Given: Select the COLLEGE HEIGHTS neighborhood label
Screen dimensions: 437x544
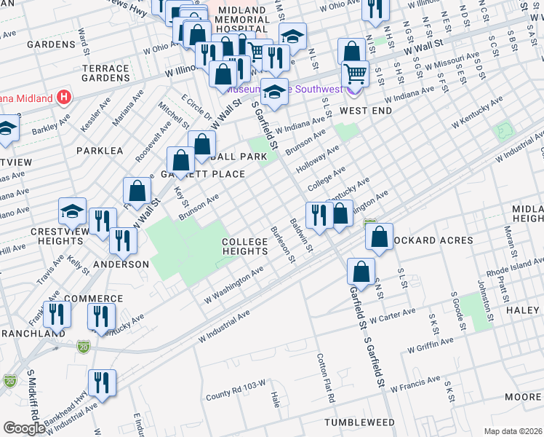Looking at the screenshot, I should point(246,246).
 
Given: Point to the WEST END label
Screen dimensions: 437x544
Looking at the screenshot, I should point(366,111).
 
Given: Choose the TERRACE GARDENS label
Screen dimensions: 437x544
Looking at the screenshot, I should point(105,73).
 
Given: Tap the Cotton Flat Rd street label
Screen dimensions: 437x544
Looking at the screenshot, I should point(325,378).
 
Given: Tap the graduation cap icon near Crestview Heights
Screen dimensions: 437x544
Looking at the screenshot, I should point(73,210).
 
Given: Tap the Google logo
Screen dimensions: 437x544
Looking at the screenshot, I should point(23,428).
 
